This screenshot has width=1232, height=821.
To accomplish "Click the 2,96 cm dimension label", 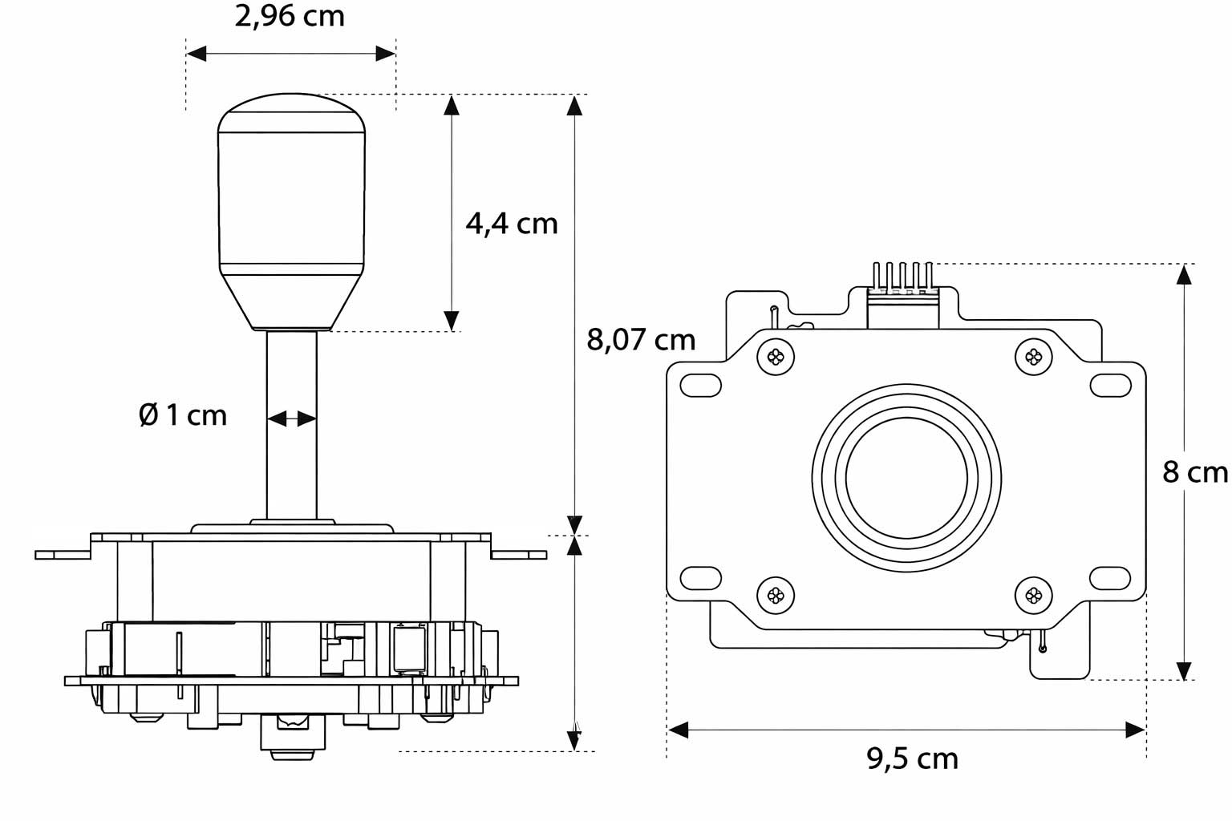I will [x=290, y=16].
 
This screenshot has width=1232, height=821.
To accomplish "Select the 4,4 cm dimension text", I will [x=512, y=223].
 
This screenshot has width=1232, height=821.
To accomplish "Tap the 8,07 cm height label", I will [x=641, y=340].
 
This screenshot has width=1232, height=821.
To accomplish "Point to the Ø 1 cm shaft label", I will [x=183, y=415].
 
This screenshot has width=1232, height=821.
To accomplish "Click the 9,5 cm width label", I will [x=912, y=758].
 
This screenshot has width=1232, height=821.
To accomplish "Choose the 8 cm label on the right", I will [x=1195, y=473].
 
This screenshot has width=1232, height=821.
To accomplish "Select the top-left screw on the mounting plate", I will [x=776, y=357].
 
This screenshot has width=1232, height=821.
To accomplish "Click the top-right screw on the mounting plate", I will [x=1033, y=357].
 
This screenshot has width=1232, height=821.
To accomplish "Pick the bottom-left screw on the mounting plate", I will [x=776, y=595].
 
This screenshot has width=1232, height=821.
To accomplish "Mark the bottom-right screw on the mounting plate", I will [x=1033, y=595].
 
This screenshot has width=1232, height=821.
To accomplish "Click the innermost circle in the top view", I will [x=906, y=479].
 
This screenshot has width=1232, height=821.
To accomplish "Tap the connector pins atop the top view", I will [x=902, y=277].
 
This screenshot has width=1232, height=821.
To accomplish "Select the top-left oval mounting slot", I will [x=700, y=386].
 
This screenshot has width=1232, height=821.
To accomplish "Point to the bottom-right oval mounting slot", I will [x=1109, y=576].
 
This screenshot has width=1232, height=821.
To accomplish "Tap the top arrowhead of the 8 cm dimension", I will [x=1184, y=274].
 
